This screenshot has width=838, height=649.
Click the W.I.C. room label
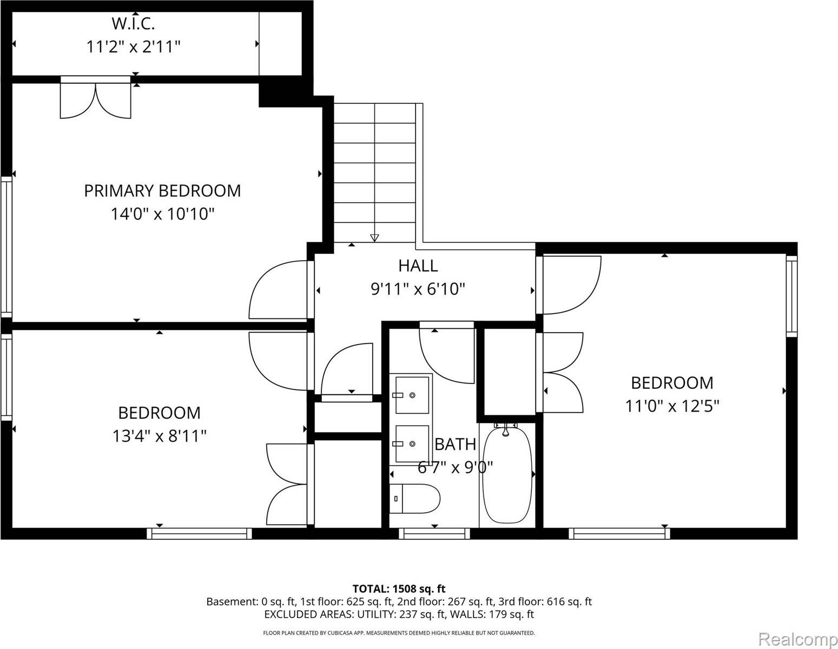click(133, 24)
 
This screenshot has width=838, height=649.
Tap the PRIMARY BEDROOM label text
click(162, 191)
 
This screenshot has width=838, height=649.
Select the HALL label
click(418, 266)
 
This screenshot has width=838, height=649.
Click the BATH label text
click(456, 444)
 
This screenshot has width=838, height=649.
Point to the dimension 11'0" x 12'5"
click(672, 406)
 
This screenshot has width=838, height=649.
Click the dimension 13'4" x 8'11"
click(160, 436)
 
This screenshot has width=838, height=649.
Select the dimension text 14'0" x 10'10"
click(163, 214)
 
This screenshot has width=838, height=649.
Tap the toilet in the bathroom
click(414, 498)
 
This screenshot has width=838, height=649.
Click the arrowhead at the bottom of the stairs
click(374, 237)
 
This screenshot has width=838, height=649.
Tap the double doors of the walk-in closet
click(96, 100)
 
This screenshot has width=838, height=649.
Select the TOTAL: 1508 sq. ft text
click(399, 588)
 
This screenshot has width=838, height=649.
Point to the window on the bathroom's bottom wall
click(434, 534)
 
